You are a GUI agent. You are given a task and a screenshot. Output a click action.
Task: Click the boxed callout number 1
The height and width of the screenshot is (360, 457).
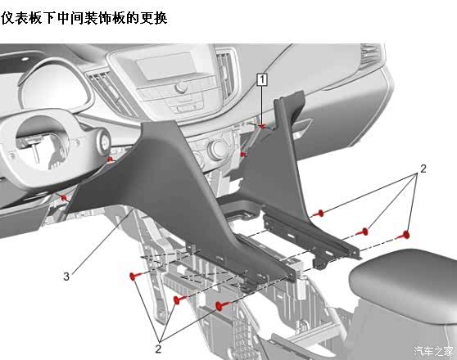click(x=262, y=79)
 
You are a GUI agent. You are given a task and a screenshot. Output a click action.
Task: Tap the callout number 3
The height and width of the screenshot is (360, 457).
click(x=66, y=276)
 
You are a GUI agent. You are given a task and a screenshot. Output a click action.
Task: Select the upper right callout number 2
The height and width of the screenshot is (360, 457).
click(x=423, y=169)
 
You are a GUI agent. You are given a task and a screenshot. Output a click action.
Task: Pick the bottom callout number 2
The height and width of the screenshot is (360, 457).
click(x=158, y=349)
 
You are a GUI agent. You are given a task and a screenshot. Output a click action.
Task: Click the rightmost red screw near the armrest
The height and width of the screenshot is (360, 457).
click(x=405, y=235)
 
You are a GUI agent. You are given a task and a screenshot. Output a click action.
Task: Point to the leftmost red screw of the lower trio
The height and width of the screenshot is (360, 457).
click(x=133, y=276)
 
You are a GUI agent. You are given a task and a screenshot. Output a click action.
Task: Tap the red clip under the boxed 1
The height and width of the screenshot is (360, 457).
click(x=262, y=126)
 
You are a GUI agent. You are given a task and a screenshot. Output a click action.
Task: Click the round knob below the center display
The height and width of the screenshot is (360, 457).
click(x=181, y=87)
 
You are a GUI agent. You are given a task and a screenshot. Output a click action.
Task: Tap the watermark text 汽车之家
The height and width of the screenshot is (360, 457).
click(x=434, y=351)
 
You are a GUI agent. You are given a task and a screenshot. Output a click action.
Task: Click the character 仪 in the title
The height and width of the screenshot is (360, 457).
click(x=7, y=18)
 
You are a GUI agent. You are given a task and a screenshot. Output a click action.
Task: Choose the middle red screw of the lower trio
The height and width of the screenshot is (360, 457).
click(x=177, y=299)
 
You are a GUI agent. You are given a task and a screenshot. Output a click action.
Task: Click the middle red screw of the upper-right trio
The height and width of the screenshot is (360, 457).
click(x=364, y=232)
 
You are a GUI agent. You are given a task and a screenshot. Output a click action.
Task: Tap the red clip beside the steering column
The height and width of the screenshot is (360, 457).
click(x=110, y=160)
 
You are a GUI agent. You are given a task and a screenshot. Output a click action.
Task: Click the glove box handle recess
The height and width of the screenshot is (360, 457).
click(x=302, y=127)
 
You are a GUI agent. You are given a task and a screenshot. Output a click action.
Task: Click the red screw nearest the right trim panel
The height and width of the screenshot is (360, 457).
click(x=320, y=214)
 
